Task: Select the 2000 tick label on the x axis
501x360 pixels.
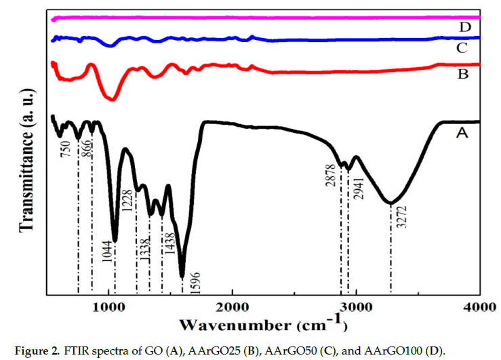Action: [233, 305]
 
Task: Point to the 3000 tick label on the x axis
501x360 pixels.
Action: [356, 305]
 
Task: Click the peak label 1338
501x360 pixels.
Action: [143, 258]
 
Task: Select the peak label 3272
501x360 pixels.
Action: [402, 218]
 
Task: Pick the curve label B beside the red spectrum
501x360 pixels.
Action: [463, 73]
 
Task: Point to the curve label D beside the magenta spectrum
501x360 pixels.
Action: [464, 27]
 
